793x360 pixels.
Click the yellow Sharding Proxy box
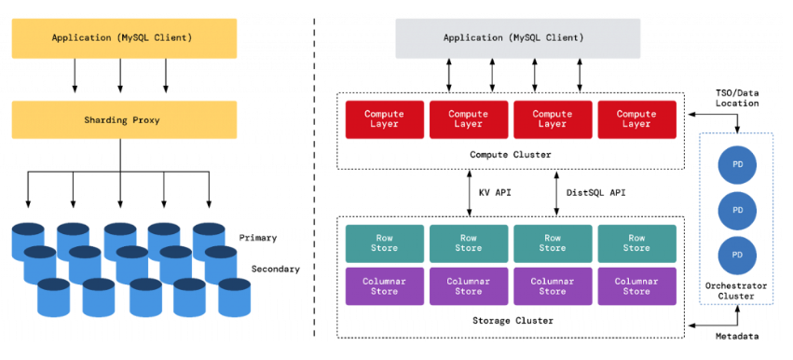[x=124, y=120]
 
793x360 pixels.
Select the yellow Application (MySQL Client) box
[x=124, y=37]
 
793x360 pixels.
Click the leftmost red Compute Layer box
[x=384, y=119]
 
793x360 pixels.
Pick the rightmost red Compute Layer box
[x=636, y=119]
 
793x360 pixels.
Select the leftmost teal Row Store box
[x=384, y=242]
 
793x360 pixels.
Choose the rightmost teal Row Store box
[x=636, y=242]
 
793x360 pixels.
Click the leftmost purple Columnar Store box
[x=384, y=285]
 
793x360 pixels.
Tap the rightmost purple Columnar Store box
[x=636, y=285]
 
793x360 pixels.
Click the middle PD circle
[x=737, y=210]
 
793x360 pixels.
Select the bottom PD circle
[x=737, y=254]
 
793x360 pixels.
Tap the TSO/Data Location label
[x=737, y=97]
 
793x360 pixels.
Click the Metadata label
[x=737, y=336]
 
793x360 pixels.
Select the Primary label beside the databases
[x=257, y=238]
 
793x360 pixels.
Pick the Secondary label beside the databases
[x=275, y=269]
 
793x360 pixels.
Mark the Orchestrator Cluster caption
[x=737, y=291]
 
